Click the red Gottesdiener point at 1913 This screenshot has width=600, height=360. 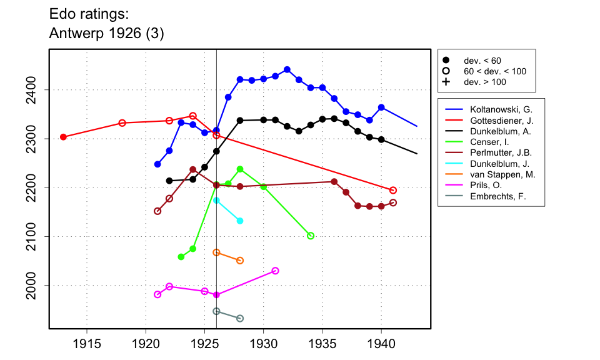(63, 137)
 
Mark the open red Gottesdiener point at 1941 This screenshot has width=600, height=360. (393, 190)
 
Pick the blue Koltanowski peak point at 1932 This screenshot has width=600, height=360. (287, 69)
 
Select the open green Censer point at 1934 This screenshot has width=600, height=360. (311, 236)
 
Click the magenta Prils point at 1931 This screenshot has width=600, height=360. (275, 271)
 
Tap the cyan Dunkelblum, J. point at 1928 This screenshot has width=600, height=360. (240, 221)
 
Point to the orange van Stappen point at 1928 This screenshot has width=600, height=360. (240, 261)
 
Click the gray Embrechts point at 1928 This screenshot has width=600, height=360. (240, 318)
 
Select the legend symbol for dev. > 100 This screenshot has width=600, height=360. (446, 82)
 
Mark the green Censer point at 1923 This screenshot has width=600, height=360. (181, 257)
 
